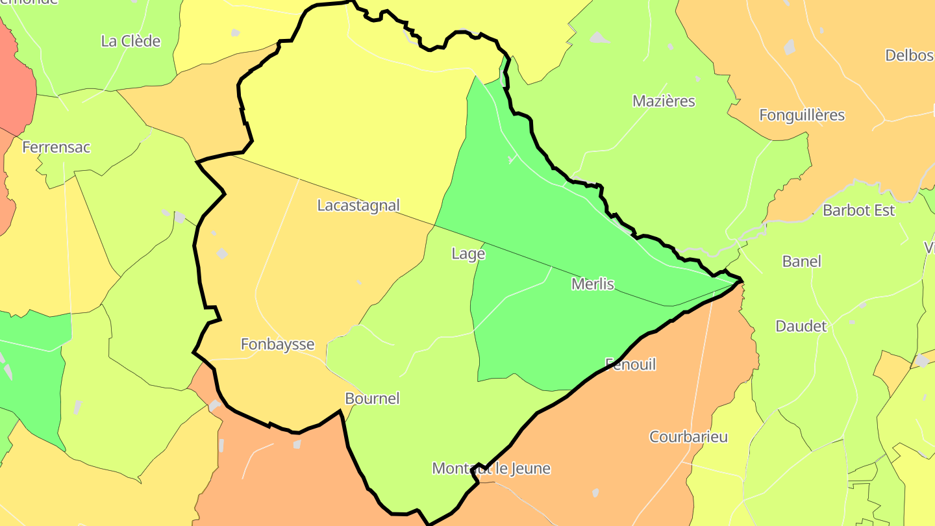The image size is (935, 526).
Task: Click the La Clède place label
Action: click(131, 41)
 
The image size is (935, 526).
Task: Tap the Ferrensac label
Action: click(56, 147)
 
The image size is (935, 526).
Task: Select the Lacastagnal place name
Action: click(358, 205)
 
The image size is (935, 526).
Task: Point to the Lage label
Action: click(468, 254)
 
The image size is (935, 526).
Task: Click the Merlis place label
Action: click(592, 284)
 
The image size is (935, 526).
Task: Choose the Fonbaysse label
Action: click(277, 344)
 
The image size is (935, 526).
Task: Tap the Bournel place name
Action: click(372, 398)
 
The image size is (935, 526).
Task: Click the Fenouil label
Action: click(630, 364)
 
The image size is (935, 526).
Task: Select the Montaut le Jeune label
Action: click(491, 468)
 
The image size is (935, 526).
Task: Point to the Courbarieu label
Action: click(688, 436)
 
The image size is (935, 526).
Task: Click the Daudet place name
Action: click(801, 326)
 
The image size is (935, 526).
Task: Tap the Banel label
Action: click(801, 261)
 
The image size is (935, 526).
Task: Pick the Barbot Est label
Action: click(858, 210)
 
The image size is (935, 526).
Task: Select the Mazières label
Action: click(664, 101)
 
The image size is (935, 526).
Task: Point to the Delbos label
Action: click(909, 55)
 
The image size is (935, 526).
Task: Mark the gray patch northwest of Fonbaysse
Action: click(222, 253)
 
